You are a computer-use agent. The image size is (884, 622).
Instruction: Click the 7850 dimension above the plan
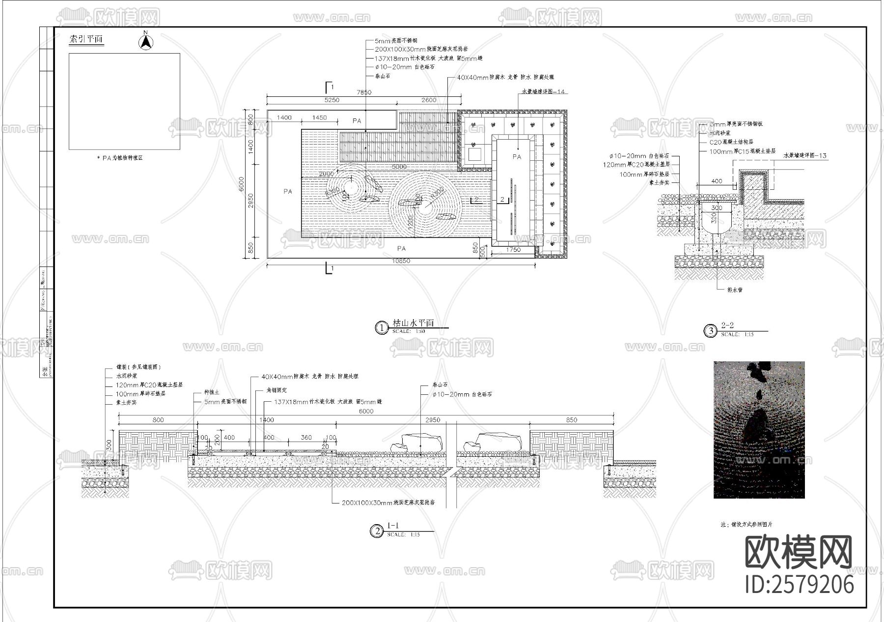pyautogui.click(x=364, y=92)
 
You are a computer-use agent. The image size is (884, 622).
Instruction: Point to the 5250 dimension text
pyautogui.click(x=332, y=100)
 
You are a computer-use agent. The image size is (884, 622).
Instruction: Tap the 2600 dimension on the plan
pyautogui.click(x=429, y=100)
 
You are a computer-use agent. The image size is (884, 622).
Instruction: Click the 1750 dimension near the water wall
pyautogui.click(x=513, y=250)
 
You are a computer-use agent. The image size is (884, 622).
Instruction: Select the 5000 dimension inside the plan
pyautogui.click(x=399, y=167)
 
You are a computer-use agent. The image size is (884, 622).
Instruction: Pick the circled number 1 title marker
pyautogui.click(x=382, y=327)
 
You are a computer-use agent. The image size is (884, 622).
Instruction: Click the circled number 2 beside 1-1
pyautogui.click(x=377, y=531)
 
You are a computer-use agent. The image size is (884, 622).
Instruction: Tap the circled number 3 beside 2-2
pyautogui.click(x=711, y=331)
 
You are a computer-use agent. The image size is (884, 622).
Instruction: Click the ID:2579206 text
pyautogui.click(x=800, y=584)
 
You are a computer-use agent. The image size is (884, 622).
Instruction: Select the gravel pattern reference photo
pyautogui.click(x=759, y=430)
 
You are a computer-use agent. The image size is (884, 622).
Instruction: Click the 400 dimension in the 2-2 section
pyautogui.click(x=717, y=181)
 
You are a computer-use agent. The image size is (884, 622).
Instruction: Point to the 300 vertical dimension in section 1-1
pyautogui.click(x=109, y=445)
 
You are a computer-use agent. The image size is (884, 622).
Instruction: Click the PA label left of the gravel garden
pyautogui.click(x=288, y=191)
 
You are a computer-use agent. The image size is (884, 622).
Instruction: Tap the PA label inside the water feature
pyautogui.click(x=517, y=157)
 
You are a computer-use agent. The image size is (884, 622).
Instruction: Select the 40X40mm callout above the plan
pyautogui.click(x=505, y=77)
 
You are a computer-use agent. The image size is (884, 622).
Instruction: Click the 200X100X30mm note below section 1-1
pyautogui.click(x=387, y=503)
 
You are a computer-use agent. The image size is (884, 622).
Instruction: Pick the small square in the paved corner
pyautogui.click(x=474, y=154)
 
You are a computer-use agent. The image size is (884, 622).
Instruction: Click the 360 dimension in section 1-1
pyautogui.click(x=306, y=437)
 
